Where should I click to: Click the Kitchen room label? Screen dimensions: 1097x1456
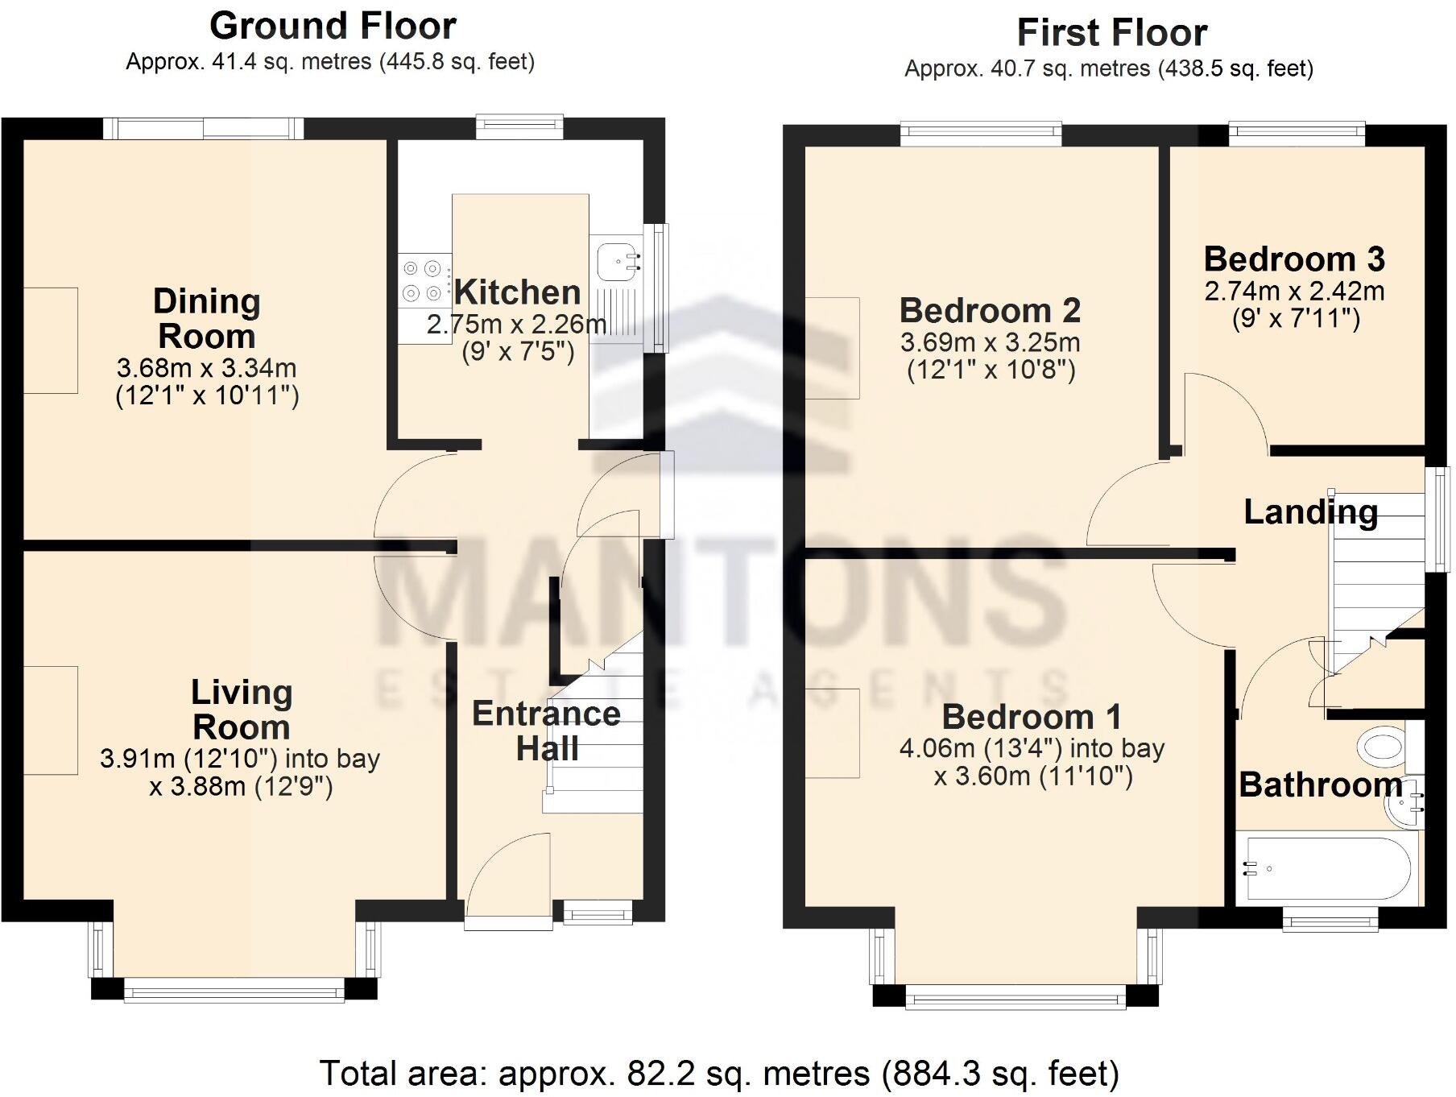click(516, 292)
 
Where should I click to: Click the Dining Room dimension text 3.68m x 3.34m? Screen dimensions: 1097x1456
click(206, 369)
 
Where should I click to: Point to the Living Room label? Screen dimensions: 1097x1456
click(241, 710)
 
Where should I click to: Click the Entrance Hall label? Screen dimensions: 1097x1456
click(546, 731)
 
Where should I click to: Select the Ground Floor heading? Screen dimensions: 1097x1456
click(333, 27)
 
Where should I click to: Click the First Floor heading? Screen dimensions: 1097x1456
click(1111, 34)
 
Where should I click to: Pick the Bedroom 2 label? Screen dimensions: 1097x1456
click(990, 310)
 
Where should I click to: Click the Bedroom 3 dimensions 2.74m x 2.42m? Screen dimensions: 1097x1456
click(1294, 291)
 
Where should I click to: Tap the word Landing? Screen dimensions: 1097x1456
click(1310, 512)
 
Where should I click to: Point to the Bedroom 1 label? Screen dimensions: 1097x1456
click(1031, 717)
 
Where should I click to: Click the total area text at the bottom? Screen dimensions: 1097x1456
click(719, 1074)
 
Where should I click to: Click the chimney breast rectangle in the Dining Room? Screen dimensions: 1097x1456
click(51, 341)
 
